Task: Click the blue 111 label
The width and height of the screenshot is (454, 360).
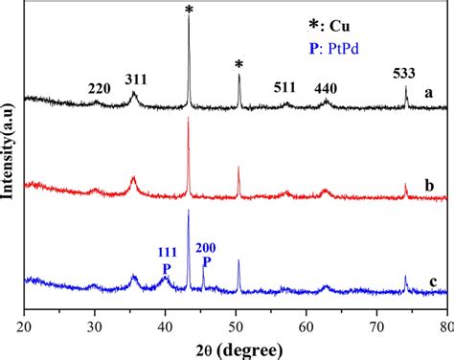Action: click(167, 253)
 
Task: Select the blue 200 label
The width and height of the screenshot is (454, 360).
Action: click(205, 247)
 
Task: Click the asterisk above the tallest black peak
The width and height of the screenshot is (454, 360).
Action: click(188, 11)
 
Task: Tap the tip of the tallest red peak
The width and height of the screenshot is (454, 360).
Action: click(188, 119)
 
